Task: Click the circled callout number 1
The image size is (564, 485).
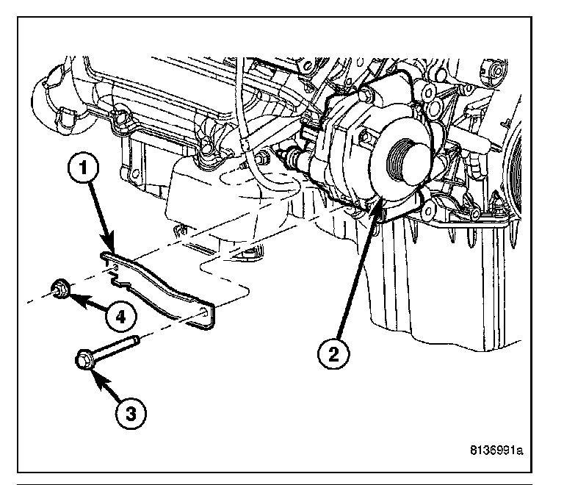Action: click(x=83, y=168)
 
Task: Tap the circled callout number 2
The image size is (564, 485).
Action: click(x=333, y=354)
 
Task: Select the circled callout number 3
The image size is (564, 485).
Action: click(x=131, y=414)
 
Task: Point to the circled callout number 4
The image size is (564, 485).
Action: click(x=121, y=317)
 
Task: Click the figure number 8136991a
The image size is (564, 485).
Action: click(x=496, y=450)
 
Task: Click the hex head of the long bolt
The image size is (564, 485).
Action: click(x=84, y=359)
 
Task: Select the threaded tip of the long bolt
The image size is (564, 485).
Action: click(x=135, y=339)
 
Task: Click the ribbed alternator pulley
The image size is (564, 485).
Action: click(x=402, y=160)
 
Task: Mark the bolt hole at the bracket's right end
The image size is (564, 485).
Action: click(x=203, y=312)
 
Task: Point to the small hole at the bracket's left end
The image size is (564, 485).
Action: click(x=115, y=267)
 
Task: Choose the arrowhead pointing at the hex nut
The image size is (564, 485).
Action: click(x=74, y=298)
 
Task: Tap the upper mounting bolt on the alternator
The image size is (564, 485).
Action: click(x=364, y=94)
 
